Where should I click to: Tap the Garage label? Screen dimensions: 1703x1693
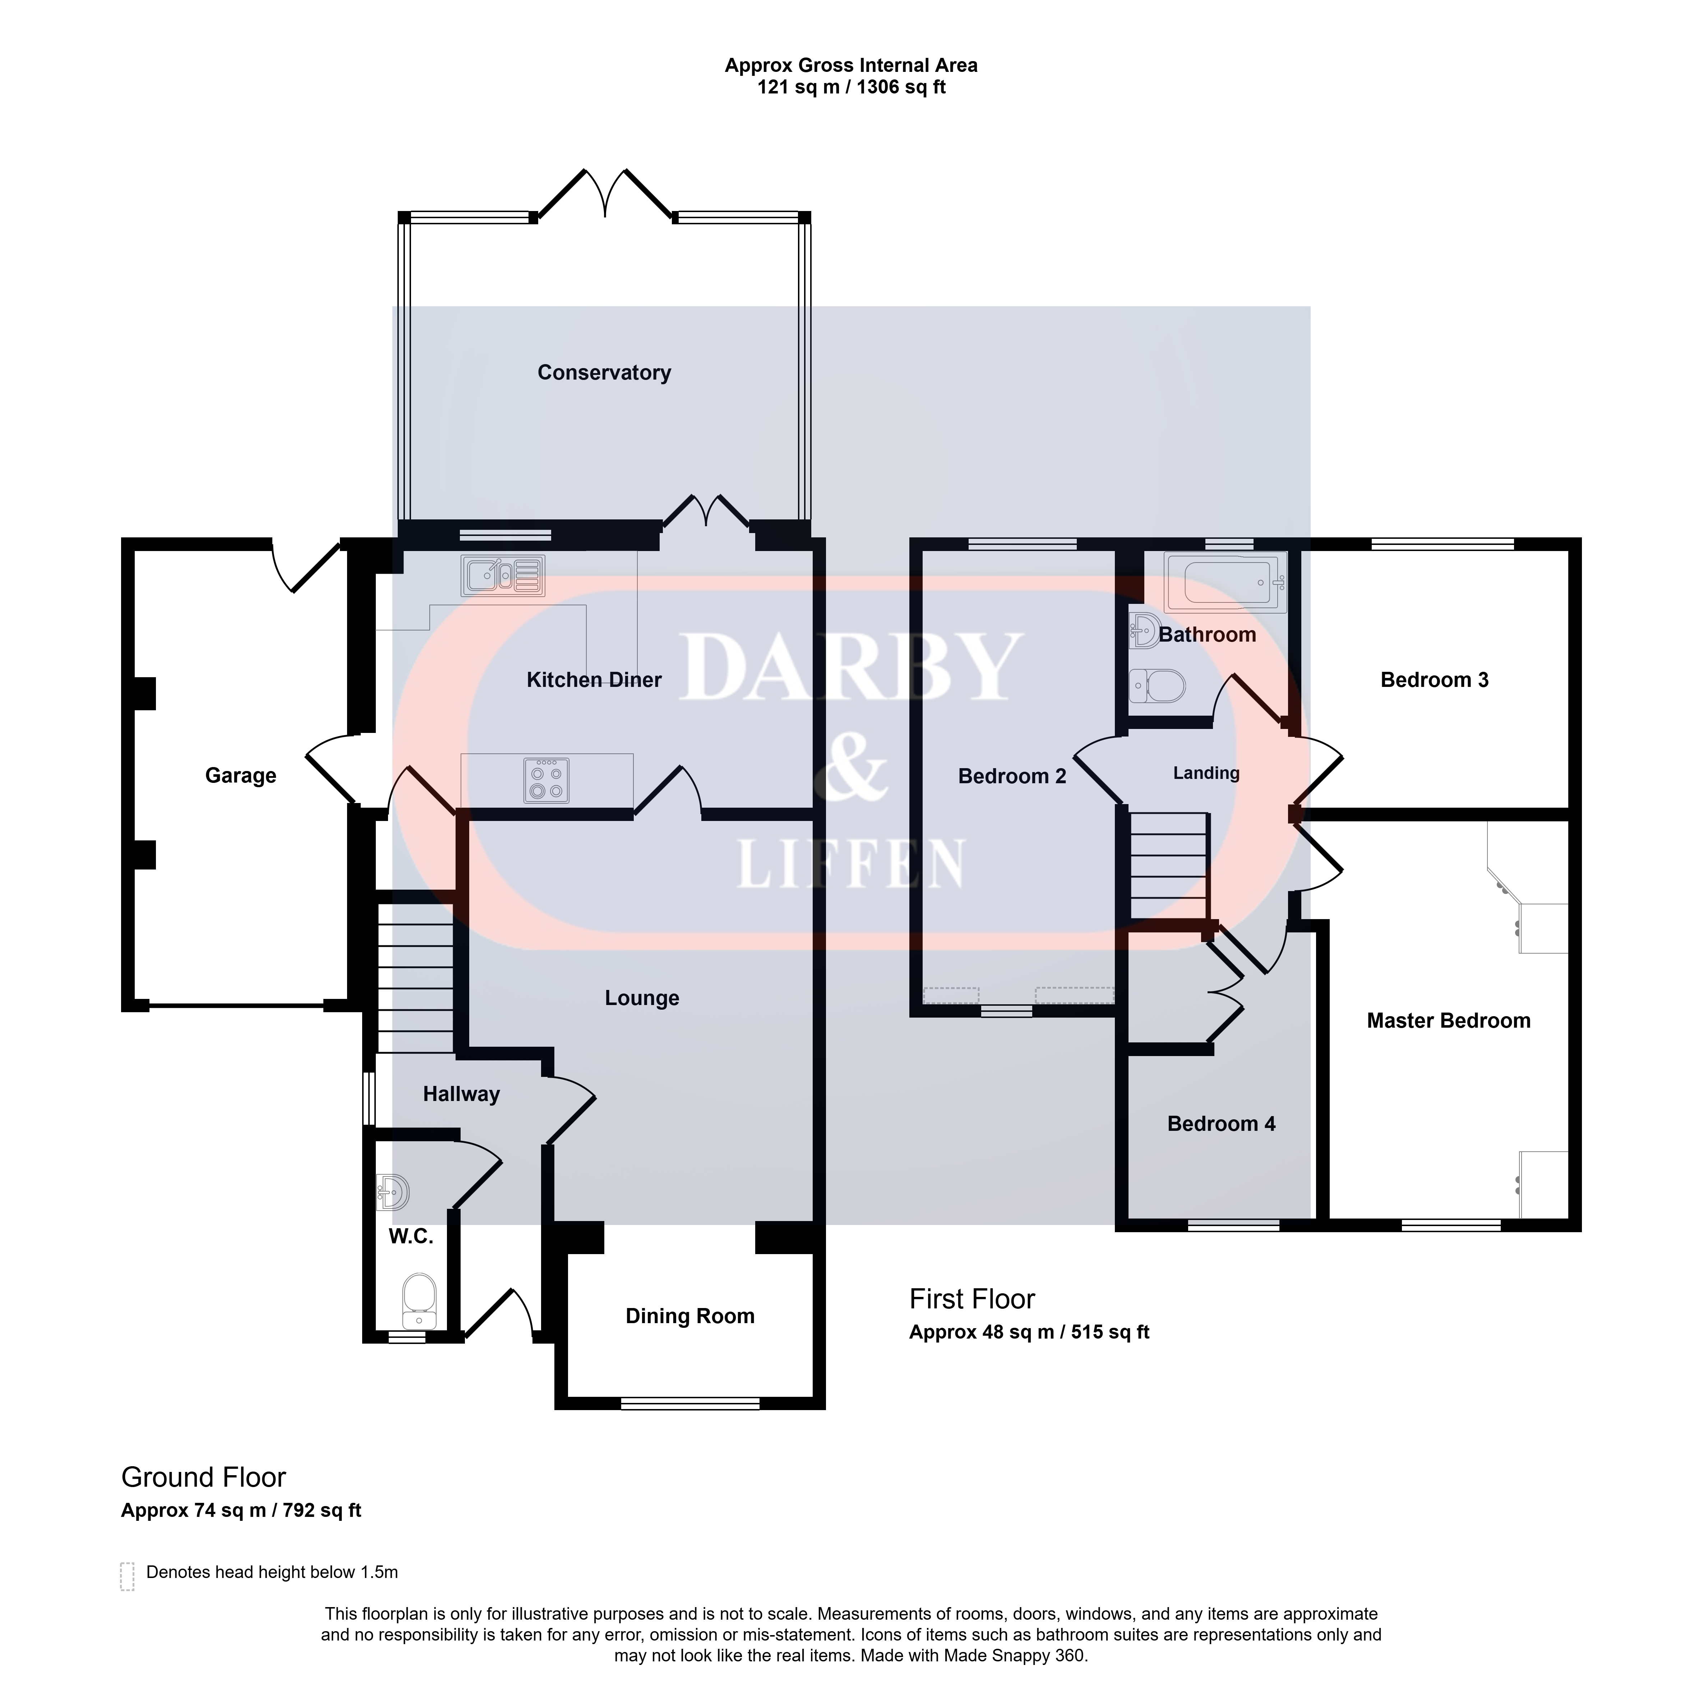(241, 776)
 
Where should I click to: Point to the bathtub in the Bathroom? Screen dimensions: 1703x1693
(1225, 582)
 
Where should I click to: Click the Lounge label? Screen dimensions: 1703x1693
(642, 998)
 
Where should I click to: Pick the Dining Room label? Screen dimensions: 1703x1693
(690, 1317)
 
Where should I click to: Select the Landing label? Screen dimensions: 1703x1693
(1206, 773)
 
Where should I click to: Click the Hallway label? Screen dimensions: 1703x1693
(461, 1094)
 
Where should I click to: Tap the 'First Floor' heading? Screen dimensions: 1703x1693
(972, 1299)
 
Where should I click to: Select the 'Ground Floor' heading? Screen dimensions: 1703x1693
(204, 1477)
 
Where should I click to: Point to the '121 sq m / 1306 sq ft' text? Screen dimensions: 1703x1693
(851, 87)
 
